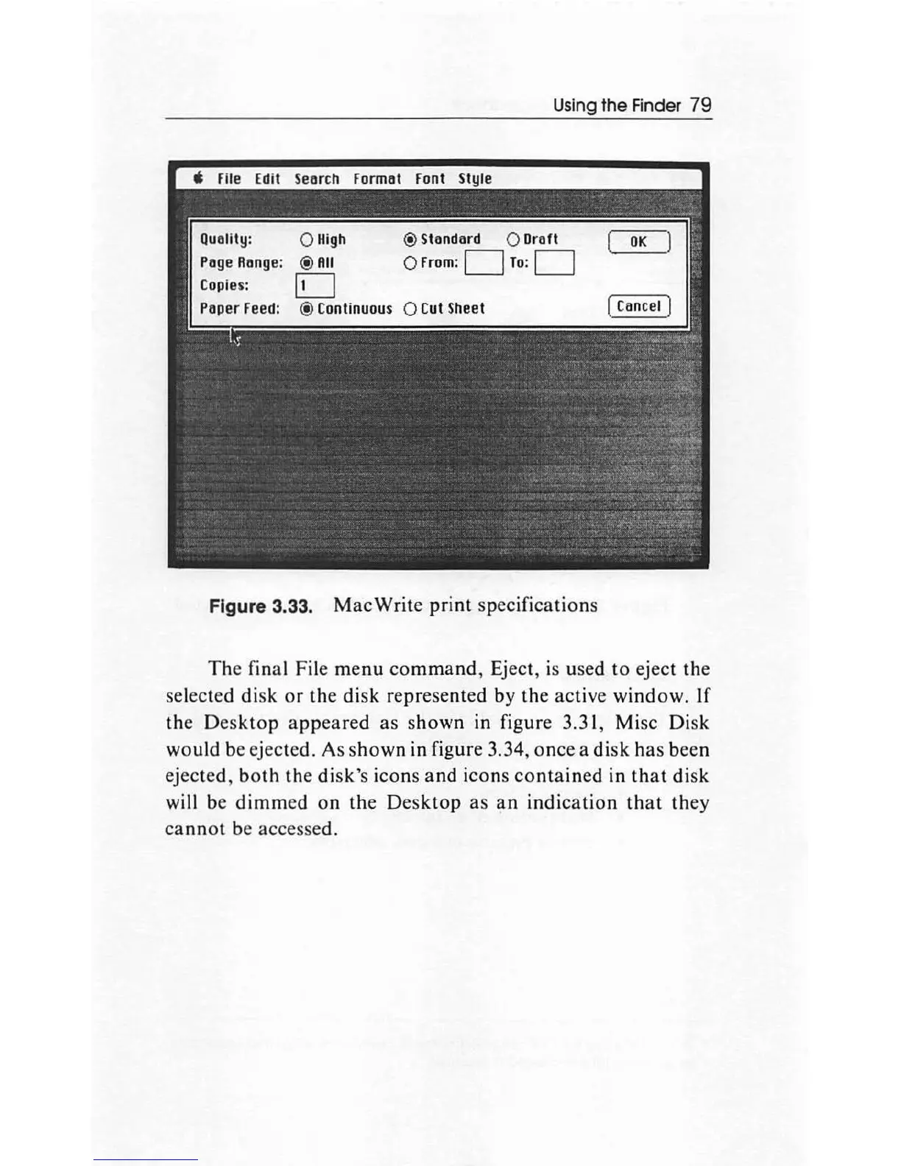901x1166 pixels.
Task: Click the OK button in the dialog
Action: click(638, 242)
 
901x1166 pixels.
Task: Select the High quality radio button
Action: click(306, 240)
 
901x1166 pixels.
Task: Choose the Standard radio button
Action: click(411, 239)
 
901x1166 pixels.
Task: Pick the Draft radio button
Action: click(514, 239)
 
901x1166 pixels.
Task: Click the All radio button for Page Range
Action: click(306, 263)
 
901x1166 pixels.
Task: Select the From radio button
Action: click(411, 263)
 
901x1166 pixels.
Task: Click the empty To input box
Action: click(554, 263)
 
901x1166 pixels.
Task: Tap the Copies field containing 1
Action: click(315, 286)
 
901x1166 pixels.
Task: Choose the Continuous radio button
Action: click(306, 308)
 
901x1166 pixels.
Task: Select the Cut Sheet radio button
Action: click(411, 308)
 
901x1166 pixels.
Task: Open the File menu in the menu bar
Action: click(229, 179)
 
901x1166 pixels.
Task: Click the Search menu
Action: click(317, 179)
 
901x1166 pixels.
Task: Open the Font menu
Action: click(430, 179)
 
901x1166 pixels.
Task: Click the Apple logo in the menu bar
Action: click(197, 178)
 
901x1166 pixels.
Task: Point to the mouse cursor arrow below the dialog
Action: click(233, 337)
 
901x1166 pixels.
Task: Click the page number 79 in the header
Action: click(702, 105)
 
